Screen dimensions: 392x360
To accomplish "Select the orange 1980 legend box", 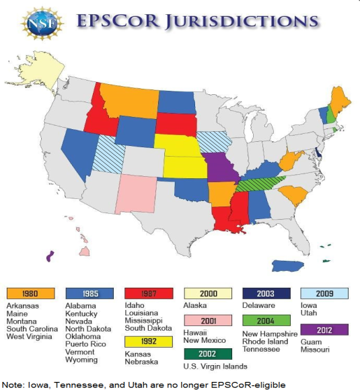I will (x=32, y=294).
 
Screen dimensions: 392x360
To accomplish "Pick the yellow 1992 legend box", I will (x=149, y=342).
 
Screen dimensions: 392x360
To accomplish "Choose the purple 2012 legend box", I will (x=325, y=330).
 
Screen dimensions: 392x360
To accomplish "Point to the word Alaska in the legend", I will (x=195, y=305).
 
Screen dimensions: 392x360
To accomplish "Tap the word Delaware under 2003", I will (x=260, y=305).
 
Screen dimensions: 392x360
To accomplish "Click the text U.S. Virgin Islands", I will (x=216, y=366).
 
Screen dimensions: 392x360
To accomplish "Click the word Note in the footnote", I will (x=14, y=384).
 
